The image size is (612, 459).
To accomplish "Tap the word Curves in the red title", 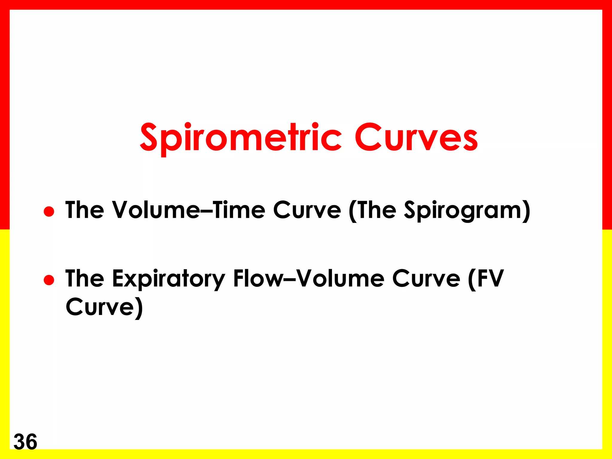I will [x=416, y=137].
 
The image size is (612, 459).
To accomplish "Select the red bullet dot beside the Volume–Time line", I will [x=49, y=211].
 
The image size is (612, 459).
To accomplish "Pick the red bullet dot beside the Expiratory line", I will [x=49, y=280].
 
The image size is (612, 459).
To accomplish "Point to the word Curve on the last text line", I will [x=100, y=307].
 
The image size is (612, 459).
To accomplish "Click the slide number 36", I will [x=25, y=442].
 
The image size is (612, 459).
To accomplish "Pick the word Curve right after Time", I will [x=307, y=210].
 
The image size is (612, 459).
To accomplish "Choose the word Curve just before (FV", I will [x=426, y=279].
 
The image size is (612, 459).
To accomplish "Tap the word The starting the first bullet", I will [x=85, y=210].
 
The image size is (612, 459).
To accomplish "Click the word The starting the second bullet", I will [x=85, y=279].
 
